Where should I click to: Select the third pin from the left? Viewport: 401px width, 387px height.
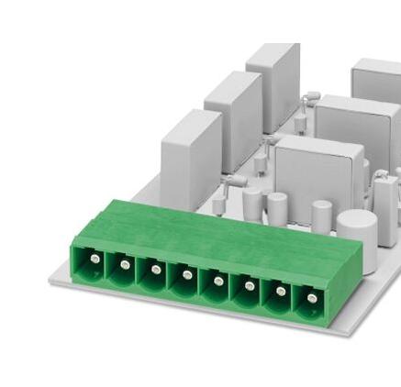156,271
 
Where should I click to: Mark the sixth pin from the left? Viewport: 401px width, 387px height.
248,285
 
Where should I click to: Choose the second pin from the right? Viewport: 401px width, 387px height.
279,291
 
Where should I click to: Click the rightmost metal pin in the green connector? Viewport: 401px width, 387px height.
310,297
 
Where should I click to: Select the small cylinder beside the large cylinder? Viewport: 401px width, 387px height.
321,216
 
